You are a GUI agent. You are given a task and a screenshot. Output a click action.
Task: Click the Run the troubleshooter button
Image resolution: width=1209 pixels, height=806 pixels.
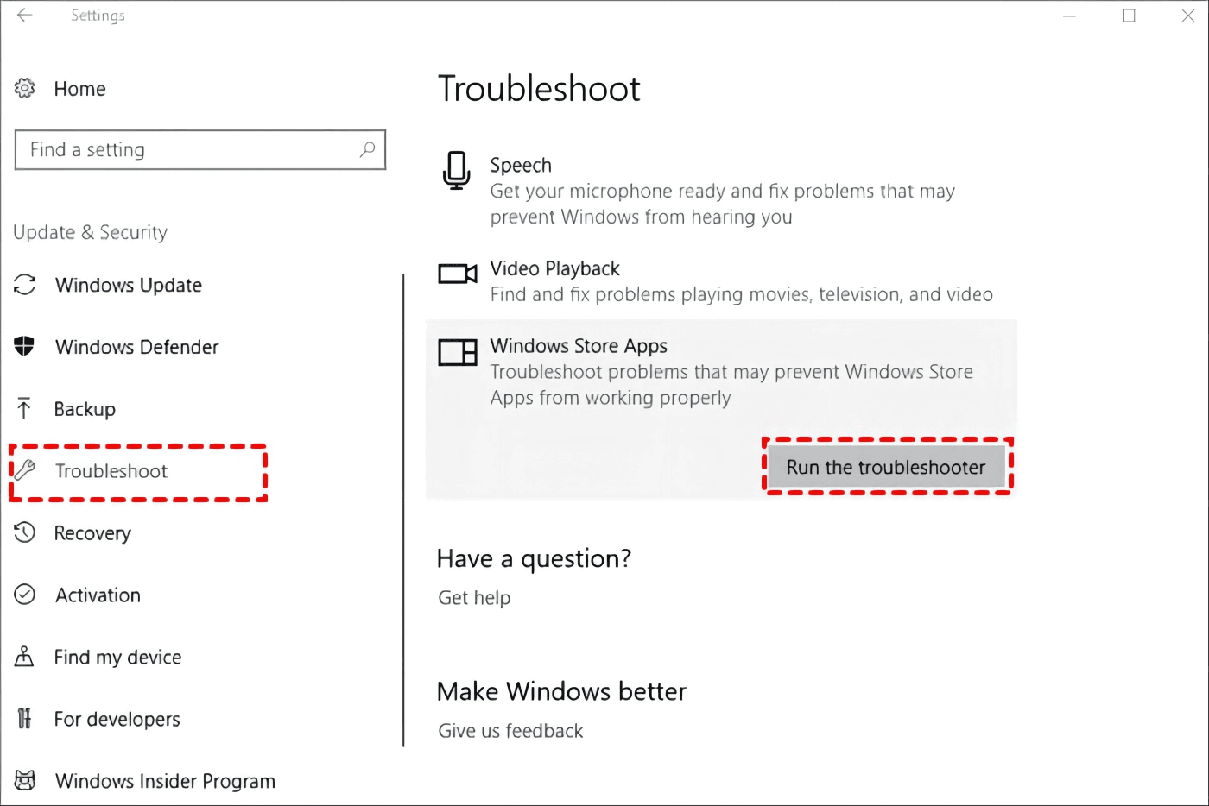[x=886, y=467]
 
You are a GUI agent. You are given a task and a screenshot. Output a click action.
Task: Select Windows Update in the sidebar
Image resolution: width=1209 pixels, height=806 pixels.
[x=128, y=285]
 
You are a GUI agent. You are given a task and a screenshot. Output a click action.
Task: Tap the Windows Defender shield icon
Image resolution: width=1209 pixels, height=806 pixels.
[x=24, y=346]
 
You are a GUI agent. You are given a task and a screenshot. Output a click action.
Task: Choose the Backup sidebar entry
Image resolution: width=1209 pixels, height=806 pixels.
[x=85, y=409]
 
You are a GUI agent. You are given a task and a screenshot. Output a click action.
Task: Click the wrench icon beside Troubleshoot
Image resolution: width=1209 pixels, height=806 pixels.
[x=25, y=470]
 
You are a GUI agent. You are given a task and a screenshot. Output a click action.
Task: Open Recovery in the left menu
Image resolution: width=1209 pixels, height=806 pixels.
[x=92, y=533]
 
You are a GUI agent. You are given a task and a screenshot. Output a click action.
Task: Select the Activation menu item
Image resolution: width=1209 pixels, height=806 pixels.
[x=98, y=595]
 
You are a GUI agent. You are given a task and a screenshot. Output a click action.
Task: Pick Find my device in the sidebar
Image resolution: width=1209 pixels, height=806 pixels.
[x=117, y=658]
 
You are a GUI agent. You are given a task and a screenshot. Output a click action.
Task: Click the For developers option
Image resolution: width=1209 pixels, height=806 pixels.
[x=117, y=720]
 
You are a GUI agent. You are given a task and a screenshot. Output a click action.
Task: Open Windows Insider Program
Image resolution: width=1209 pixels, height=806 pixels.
[x=165, y=781]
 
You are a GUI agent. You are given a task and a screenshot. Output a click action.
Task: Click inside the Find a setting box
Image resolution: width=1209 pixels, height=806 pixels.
[x=190, y=150]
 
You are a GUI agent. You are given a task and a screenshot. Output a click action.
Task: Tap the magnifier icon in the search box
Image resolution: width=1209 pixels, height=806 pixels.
[x=368, y=149]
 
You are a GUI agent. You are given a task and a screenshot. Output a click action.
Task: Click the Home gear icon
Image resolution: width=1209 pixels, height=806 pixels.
[x=25, y=88]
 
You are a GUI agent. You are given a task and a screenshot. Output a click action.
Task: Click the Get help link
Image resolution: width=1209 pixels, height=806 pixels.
[x=474, y=598]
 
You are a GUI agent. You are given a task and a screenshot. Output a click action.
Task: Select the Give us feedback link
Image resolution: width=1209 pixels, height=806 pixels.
[x=510, y=731]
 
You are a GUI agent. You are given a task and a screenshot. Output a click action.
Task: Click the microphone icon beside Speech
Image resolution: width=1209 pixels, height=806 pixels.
[x=456, y=170]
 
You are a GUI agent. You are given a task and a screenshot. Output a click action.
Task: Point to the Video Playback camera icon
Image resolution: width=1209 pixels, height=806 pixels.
[x=457, y=274]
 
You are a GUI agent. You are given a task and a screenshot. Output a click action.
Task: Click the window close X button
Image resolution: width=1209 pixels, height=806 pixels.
[x=1188, y=16]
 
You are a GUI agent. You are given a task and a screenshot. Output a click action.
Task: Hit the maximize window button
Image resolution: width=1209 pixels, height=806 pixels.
[x=1129, y=16]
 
